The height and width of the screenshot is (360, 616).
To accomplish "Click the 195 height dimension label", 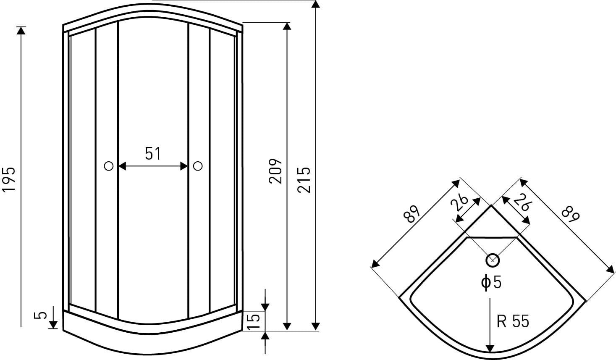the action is click(8, 179).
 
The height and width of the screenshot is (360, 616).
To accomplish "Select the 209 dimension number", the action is click(275, 171).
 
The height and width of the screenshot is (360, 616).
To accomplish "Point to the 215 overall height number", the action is click(304, 180).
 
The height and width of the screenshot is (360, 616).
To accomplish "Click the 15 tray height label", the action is click(253, 321).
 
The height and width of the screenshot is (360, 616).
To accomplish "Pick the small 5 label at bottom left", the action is click(40, 315).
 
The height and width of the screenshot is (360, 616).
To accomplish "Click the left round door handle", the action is click(109, 166).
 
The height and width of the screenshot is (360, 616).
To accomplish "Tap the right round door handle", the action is click(198, 166).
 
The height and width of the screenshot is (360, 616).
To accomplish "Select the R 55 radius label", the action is click(513, 321).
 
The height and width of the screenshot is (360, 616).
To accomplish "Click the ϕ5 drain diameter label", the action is click(491, 282).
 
